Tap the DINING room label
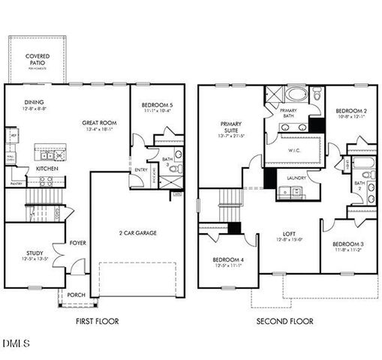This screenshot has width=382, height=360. coord(35,102)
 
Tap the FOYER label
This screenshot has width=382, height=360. coord(78,242)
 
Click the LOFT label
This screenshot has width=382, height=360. coord(287,232)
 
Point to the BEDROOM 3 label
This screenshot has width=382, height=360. coord(347,244)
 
